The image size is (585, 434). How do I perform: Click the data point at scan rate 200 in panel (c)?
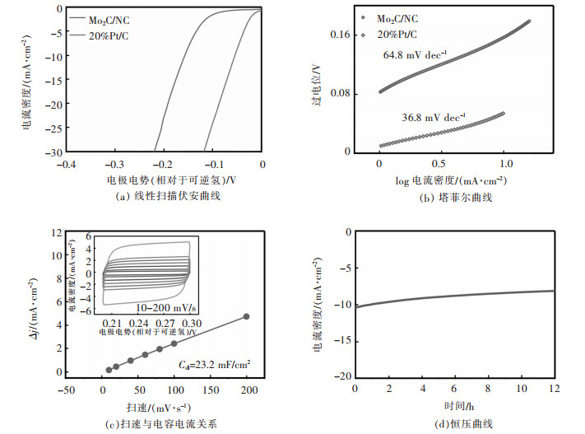(x=247, y=316)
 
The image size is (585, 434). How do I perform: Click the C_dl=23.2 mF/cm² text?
(x=215, y=360)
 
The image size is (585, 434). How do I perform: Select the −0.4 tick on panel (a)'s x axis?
(x=67, y=164)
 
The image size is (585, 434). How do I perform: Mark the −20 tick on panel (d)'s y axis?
(x=339, y=376)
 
